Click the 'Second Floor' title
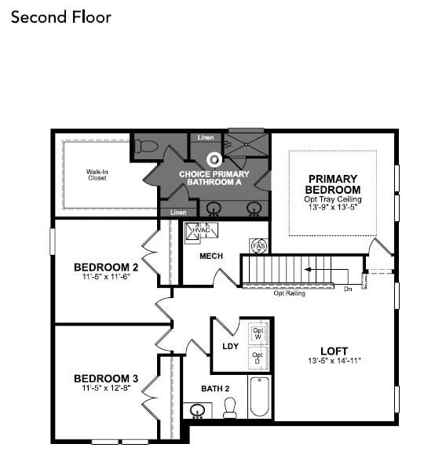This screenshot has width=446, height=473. [x=60, y=16]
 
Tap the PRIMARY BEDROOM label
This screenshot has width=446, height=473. [x=333, y=184]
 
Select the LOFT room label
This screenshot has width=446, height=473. [x=334, y=351]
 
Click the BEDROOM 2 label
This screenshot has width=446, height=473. [x=106, y=267]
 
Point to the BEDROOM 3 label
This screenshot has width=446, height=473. [x=106, y=379]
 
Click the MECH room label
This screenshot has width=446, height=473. [x=210, y=256]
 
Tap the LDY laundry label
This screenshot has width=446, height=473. [x=230, y=346]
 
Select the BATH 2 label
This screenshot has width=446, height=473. [x=214, y=387]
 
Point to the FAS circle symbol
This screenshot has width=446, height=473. [x=258, y=246]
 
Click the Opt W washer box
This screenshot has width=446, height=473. [x=257, y=333]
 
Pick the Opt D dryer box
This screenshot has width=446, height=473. [x=257, y=358]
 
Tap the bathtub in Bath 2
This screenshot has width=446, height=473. [x=259, y=397]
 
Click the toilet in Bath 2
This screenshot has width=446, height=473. [x=230, y=407]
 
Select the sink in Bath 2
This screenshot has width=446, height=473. [x=198, y=409]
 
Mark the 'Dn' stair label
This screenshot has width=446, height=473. [x=348, y=289]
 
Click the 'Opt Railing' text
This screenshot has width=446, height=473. [x=289, y=293]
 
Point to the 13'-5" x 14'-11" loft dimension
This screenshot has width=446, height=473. [x=334, y=361]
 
